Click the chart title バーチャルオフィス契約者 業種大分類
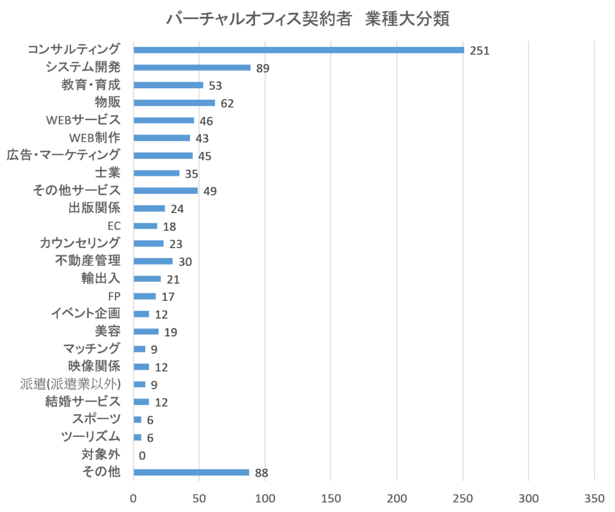click(x=307, y=19)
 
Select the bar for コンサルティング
click(x=298, y=50)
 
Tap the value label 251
click(x=479, y=51)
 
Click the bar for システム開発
click(x=192, y=67)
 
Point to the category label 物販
click(x=108, y=102)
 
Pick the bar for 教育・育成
click(x=168, y=85)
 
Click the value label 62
click(x=227, y=104)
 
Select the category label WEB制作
click(x=95, y=137)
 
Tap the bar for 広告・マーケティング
click(x=163, y=155)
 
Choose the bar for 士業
click(x=156, y=173)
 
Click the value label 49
click(x=210, y=191)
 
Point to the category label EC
click(x=114, y=226)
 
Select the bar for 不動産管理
click(x=153, y=261)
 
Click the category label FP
click(x=114, y=296)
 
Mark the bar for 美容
click(x=146, y=331)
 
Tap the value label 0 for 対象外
click(x=142, y=456)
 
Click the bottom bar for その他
click(x=191, y=472)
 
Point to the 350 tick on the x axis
click(x=594, y=498)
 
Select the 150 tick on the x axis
click(x=331, y=498)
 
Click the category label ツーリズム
click(x=91, y=436)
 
